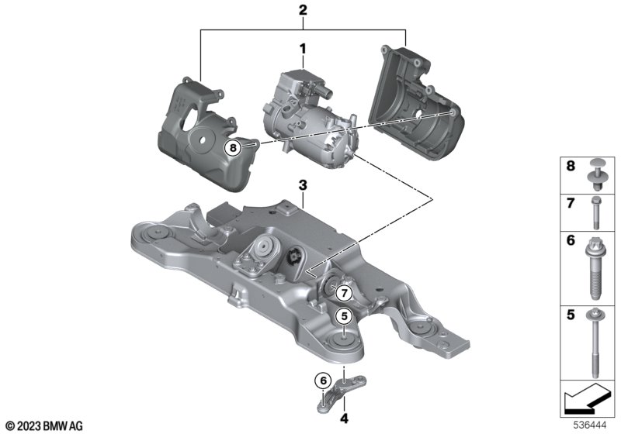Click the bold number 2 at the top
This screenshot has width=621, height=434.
pyautogui.click(x=303, y=10)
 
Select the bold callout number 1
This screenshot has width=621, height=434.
pyautogui.click(x=303, y=50)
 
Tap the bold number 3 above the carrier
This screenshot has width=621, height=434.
pyautogui.click(x=303, y=185)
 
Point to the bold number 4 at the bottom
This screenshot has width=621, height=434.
pyautogui.click(x=344, y=418)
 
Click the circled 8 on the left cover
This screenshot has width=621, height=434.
pyautogui.click(x=233, y=148)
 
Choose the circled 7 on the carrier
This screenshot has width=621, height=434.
pyautogui.click(x=344, y=293)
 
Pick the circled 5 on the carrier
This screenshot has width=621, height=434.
pyautogui.click(x=344, y=316)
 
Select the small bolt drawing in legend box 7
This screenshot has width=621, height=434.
pyautogui.click(x=596, y=212)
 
